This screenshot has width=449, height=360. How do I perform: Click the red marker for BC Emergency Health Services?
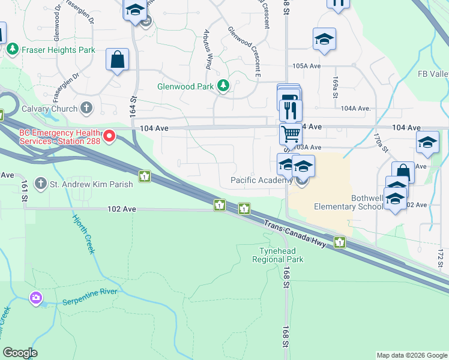109,137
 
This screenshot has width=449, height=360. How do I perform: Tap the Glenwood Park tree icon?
223,86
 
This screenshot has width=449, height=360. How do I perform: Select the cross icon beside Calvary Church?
87,109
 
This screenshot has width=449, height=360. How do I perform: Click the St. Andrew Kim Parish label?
82,182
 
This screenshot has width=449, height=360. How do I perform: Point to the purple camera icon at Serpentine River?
36,297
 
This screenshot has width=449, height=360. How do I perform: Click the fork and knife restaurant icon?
291,109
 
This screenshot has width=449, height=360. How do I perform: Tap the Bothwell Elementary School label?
349,202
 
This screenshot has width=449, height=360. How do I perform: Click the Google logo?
19,353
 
